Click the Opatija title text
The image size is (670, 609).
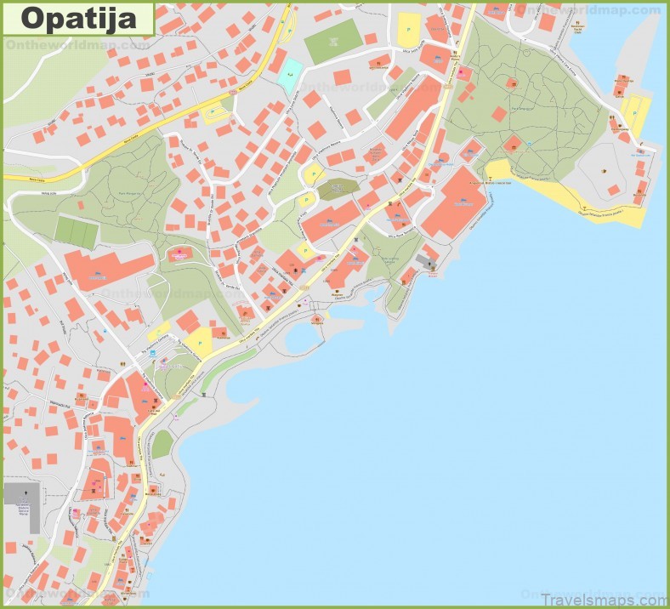pyautogui.click(x=77, y=18)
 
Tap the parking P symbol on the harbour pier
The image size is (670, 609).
pyautogui.click(x=634, y=108)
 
